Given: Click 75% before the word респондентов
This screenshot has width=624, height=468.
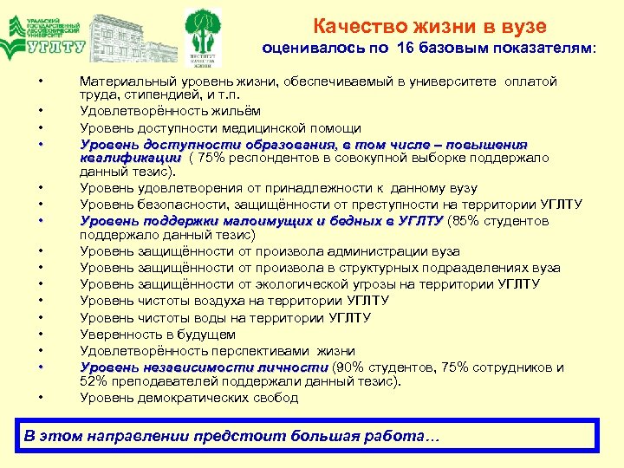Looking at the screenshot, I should pyautogui.click(x=211, y=158).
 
